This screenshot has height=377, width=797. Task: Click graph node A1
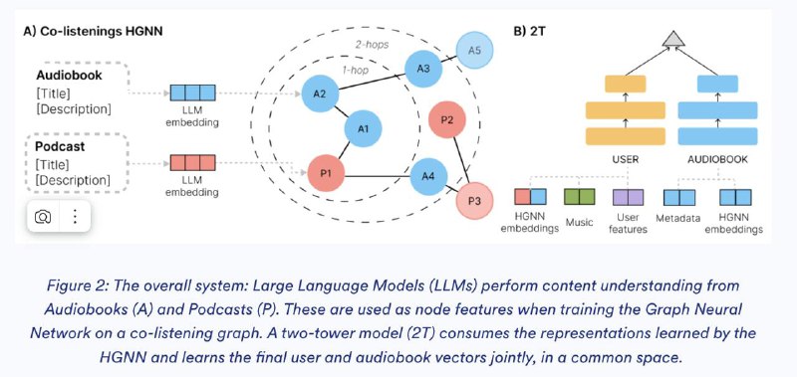click(363, 129)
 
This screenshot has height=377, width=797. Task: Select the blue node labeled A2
click(320, 94)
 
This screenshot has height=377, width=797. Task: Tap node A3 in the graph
click(423, 68)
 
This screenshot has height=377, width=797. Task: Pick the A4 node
click(428, 176)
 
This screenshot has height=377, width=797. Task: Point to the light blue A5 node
click(474, 50)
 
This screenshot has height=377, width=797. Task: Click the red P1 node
click(326, 173)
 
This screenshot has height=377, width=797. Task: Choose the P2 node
click(446, 119)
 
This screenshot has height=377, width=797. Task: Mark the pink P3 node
click(474, 200)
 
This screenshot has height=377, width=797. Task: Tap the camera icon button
click(43, 217)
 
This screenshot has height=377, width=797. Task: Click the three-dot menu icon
click(75, 217)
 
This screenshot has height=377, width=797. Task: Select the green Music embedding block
click(580, 196)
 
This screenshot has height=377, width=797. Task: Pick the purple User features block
click(629, 197)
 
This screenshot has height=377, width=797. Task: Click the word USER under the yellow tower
click(626, 159)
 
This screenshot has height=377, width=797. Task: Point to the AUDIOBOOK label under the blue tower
click(717, 159)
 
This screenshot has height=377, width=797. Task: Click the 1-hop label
click(356, 70)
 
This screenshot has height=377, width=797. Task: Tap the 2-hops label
click(372, 45)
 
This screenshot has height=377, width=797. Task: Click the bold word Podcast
click(60, 146)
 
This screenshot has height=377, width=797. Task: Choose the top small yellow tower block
click(626, 84)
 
